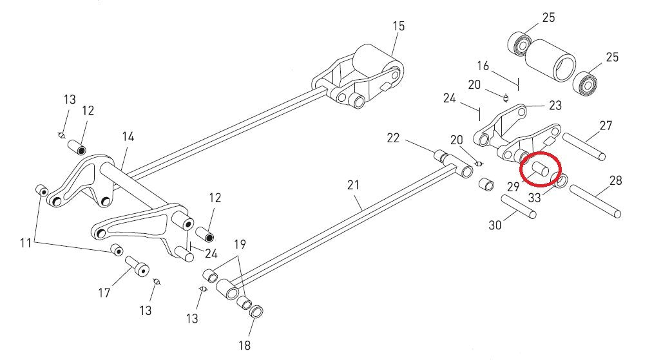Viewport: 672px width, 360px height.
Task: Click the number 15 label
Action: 398,26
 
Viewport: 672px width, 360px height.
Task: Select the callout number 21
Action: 352,185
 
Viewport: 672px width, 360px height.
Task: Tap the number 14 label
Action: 127,137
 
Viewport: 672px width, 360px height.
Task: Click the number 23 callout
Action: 555,106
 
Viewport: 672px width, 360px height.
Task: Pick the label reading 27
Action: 606,126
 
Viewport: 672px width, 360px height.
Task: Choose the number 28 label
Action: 615,180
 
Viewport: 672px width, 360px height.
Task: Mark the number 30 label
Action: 495,225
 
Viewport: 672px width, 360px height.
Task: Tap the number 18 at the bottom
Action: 244,345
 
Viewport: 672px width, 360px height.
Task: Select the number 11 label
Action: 26,243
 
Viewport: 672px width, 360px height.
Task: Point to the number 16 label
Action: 483,66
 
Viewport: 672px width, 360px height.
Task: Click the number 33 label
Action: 535,198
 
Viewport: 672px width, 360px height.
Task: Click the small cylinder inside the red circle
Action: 540,171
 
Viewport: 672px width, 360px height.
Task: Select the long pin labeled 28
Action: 595,201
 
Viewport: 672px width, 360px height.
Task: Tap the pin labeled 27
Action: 584,146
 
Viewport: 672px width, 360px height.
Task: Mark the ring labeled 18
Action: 256,312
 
